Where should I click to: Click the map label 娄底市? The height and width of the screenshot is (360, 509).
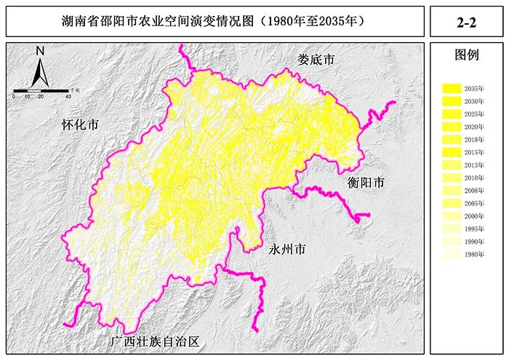coord(316,60)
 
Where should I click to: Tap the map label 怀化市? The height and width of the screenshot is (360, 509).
coord(79,124)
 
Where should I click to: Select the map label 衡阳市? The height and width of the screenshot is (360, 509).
coord(365,183)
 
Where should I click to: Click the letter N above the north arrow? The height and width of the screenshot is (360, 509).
coord(41,51)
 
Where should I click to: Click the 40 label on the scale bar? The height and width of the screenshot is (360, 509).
coord(68,96)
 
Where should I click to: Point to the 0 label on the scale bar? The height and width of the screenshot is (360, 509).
coord(14,96)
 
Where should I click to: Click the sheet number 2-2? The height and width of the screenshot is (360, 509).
coord(466,23)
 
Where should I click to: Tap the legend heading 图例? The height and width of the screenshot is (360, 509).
coord(466,55)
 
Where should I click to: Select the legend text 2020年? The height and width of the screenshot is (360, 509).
coord(474,127)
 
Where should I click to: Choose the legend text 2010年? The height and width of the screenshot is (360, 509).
coord(474,178)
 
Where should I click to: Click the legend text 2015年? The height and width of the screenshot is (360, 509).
coord(474,152)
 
